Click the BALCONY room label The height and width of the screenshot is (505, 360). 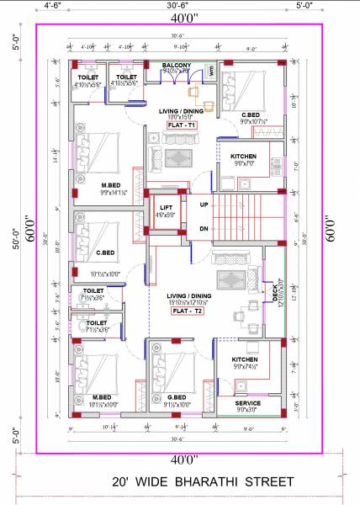coord(176,65)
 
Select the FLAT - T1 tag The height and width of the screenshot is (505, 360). coord(181,125)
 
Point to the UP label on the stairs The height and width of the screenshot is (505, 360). coord(204,205)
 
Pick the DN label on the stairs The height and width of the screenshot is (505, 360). coord(204,228)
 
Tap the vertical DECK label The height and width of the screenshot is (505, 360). coord(274,294)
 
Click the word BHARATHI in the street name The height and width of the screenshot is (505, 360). coord(203,482)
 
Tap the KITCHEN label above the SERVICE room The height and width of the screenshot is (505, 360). coord(245,359)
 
